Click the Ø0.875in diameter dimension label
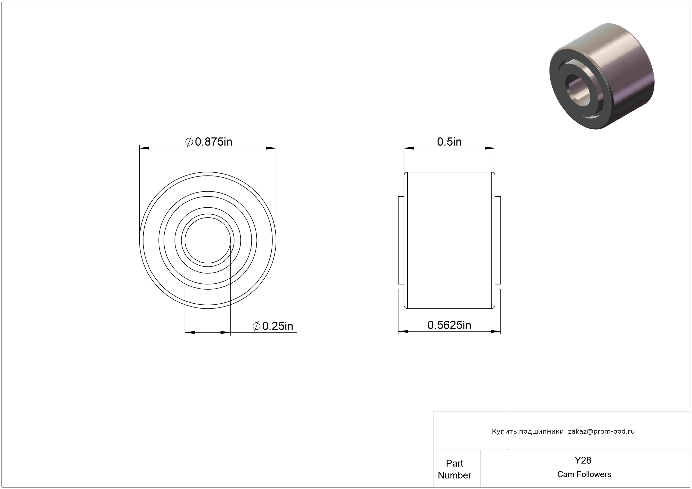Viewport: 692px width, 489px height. point(209,142)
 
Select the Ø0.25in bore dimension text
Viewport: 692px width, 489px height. point(273,326)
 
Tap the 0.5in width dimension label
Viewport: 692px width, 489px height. point(449,142)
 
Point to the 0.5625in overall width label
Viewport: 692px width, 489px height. point(449,325)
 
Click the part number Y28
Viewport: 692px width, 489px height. point(583,460)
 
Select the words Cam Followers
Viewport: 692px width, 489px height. point(584,474)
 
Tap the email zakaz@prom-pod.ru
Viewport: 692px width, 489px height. point(601,431)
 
